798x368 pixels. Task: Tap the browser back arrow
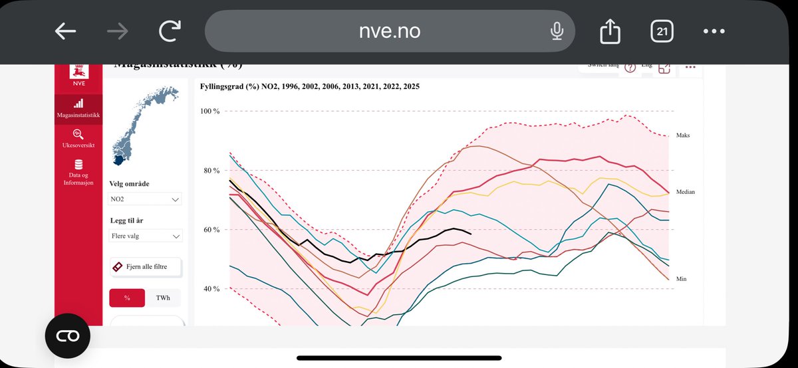(x=65, y=31)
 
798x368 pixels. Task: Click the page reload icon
(x=171, y=31)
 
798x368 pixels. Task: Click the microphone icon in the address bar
(x=557, y=31)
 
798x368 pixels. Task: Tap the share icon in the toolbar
(x=608, y=31)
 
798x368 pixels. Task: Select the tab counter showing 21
(x=662, y=31)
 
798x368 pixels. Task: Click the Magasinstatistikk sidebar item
(x=78, y=110)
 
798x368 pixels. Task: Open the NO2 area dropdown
(x=146, y=199)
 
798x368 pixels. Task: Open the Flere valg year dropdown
(x=146, y=236)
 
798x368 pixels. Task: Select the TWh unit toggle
(x=163, y=298)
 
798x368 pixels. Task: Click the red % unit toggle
(x=127, y=298)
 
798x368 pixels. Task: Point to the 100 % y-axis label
(x=210, y=111)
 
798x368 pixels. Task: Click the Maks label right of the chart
(x=683, y=135)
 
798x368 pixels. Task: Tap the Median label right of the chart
(x=685, y=191)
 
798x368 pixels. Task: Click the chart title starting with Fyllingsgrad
(x=309, y=86)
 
